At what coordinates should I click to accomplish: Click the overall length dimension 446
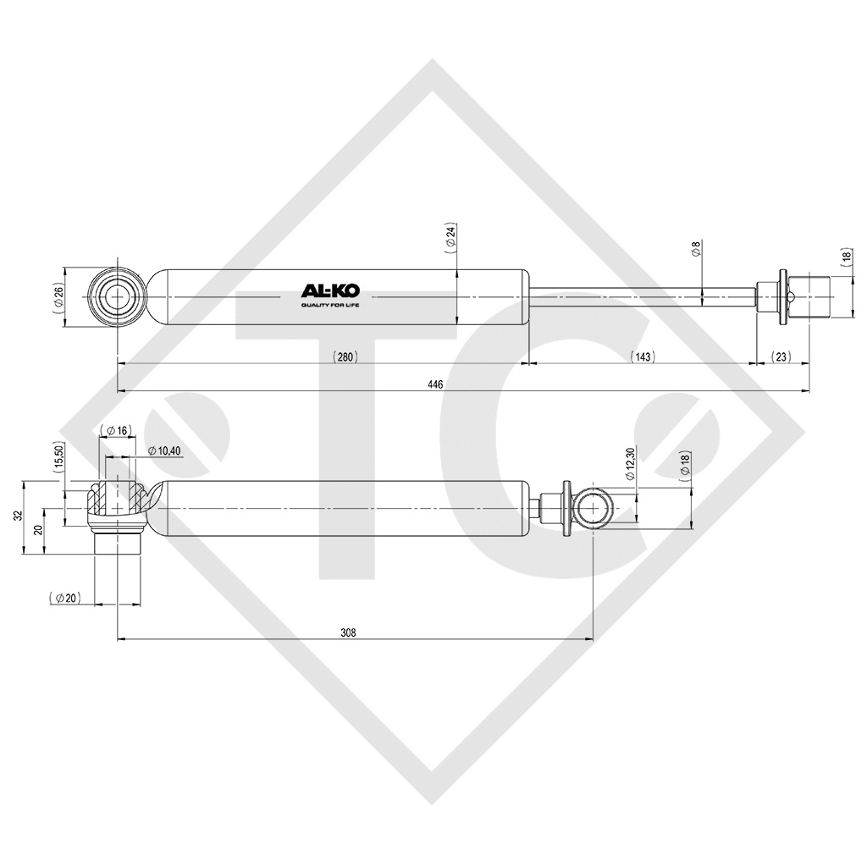pyautogui.click(x=435, y=384)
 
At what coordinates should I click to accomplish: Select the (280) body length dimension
pyautogui.click(x=345, y=357)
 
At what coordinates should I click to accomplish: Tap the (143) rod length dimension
pyautogui.click(x=643, y=357)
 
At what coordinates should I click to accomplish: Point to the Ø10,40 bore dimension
pyautogui.click(x=163, y=450)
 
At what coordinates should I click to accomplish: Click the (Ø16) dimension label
pyautogui.click(x=116, y=431)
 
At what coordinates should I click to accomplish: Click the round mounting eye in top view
pyautogui.click(x=118, y=297)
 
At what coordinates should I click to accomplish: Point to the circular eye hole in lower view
pyautogui.click(x=594, y=508)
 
